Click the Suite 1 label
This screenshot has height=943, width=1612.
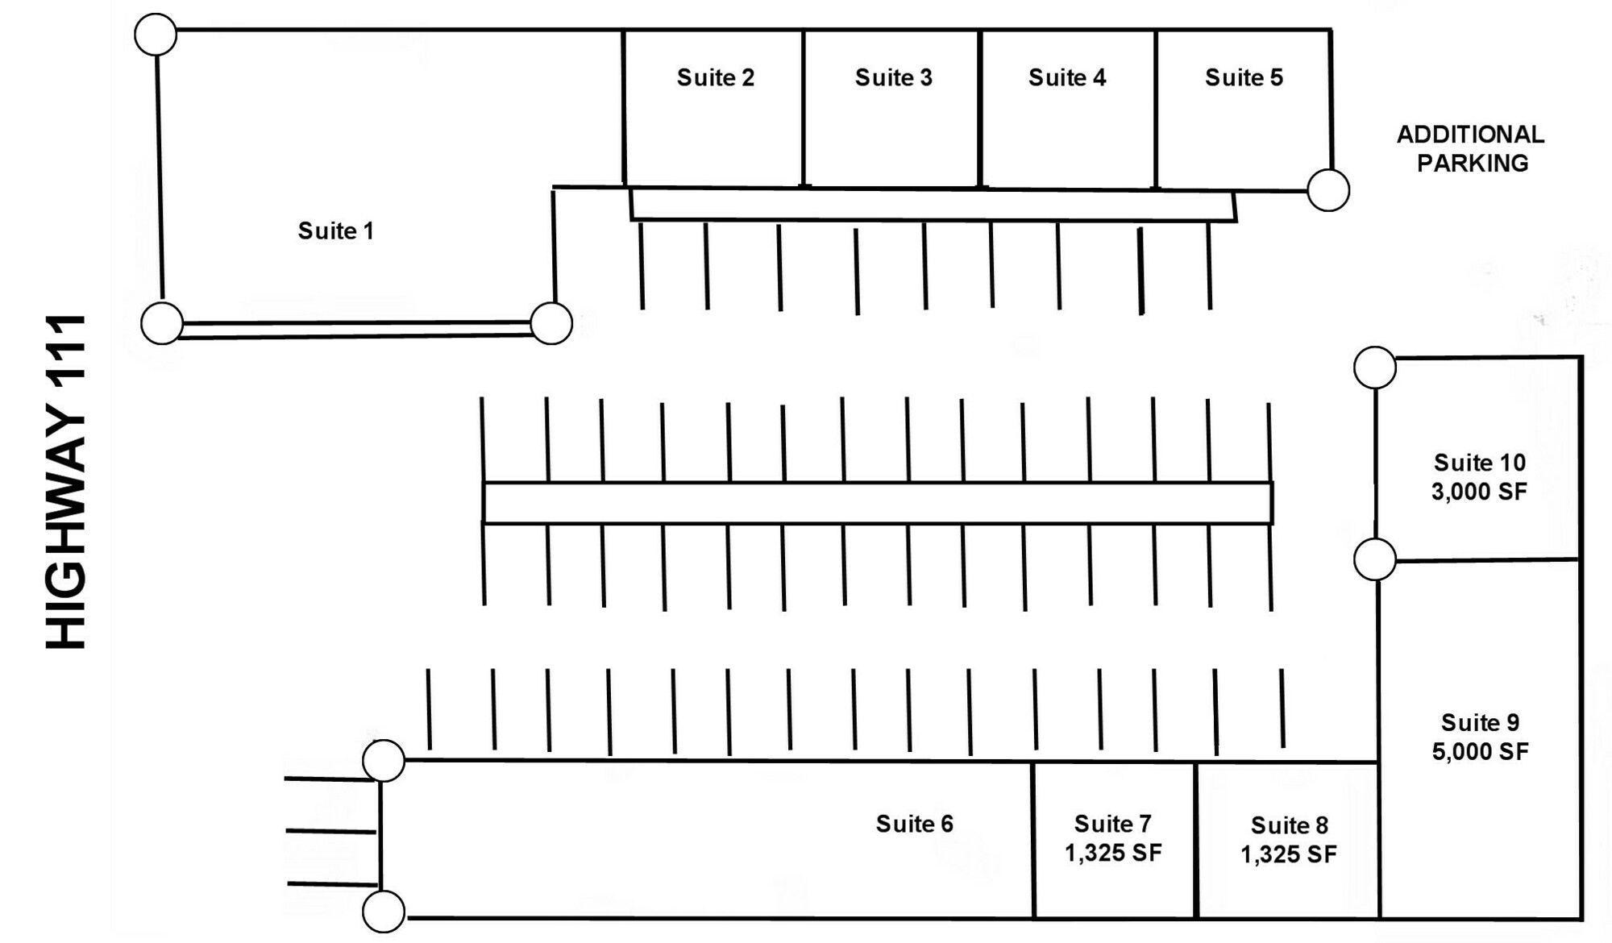coord(336,231)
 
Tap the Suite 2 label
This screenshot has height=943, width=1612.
coord(715,77)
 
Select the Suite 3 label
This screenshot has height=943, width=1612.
coord(893,77)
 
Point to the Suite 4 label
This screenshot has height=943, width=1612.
coord(1066,77)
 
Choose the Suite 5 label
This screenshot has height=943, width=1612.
coord(1244,77)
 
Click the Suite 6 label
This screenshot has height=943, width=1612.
coord(914,824)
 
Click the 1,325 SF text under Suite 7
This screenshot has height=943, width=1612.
coord(1113,853)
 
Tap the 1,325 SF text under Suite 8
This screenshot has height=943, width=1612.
coord(1288,854)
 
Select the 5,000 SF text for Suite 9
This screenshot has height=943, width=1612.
coord(1480,752)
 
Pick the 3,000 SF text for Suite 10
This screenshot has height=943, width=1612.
coord(1479,492)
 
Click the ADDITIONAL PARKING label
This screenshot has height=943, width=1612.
coord(1471,148)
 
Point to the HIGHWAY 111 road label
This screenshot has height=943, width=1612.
coord(66,481)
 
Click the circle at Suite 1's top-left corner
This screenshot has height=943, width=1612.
coord(156,35)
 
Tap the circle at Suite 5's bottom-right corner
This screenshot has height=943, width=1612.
coord(1327,190)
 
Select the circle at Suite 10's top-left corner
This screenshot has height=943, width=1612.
coord(1375,368)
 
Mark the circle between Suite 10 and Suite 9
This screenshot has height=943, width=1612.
coord(1375,559)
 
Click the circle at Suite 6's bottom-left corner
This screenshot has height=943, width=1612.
coord(384,912)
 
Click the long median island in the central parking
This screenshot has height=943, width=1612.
coord(877,503)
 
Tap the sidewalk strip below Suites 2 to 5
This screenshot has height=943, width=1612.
coord(932,205)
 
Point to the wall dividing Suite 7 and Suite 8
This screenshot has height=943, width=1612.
coord(1196,840)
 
